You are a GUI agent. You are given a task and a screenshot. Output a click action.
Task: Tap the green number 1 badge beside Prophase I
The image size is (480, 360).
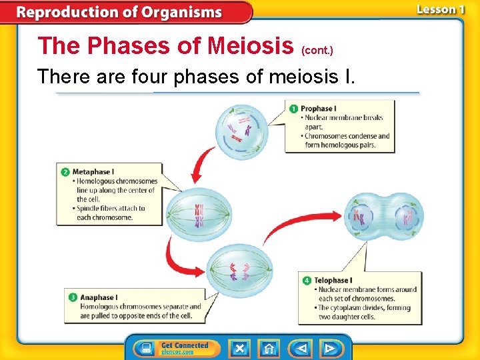(293, 108)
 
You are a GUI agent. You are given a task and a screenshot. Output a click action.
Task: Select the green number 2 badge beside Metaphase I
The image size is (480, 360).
(65, 172)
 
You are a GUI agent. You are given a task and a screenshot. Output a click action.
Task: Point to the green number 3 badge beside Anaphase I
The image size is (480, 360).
(73, 297)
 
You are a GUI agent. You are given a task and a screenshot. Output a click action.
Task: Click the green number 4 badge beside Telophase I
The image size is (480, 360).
(307, 281)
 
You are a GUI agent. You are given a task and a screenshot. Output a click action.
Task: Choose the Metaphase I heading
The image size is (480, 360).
(93, 172)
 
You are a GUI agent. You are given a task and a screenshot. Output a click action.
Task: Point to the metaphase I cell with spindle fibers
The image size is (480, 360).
(199, 215)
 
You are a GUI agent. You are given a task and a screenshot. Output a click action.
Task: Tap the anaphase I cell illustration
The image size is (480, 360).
(239, 270)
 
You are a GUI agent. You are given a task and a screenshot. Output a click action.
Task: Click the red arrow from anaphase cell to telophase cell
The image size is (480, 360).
(300, 227)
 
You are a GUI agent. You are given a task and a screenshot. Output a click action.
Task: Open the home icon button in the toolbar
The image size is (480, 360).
(269, 348)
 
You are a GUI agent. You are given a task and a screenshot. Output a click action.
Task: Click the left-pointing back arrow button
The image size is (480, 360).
(302, 348)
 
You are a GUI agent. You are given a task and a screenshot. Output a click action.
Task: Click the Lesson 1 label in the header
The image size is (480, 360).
(440, 10)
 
